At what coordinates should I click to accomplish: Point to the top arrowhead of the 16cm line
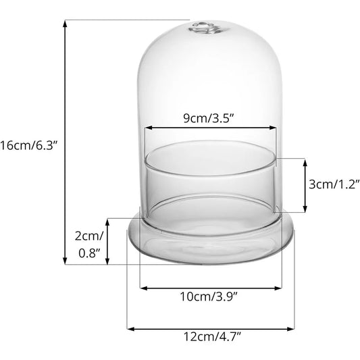click(x=66, y=22)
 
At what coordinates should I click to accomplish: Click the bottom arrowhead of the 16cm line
click(x=66, y=262)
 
